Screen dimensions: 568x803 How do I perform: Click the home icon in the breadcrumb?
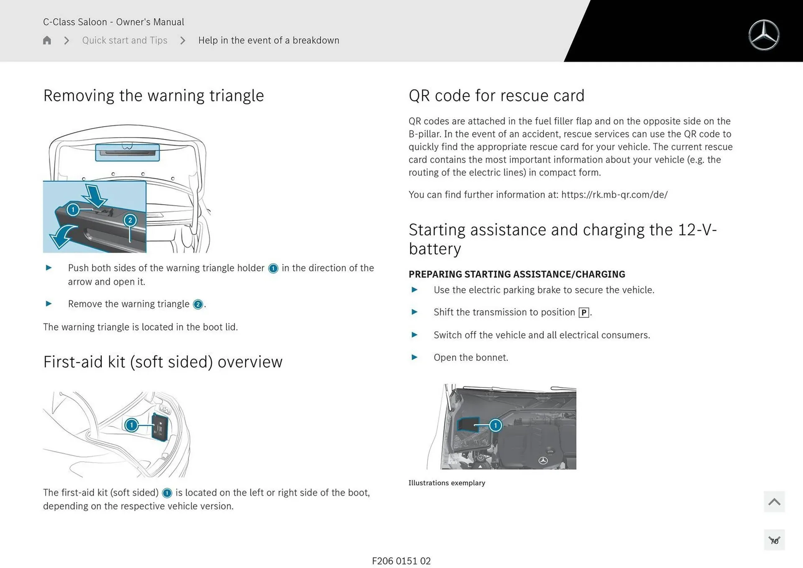coord(47,40)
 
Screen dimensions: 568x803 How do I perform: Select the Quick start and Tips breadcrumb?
coord(125,40)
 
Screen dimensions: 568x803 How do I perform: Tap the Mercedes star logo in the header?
coord(764,35)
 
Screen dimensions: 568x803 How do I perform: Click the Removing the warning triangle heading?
coord(153,96)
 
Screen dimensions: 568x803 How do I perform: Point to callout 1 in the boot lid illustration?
coord(73,210)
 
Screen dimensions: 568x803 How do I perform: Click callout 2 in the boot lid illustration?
coord(130,220)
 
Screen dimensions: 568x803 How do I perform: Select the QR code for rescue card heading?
coord(496,96)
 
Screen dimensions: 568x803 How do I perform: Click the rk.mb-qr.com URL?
coord(614,195)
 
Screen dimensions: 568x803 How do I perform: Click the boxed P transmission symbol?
coord(584,312)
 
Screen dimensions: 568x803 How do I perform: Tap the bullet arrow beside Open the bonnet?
coord(414,357)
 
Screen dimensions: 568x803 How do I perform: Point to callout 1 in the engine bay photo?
coord(496,425)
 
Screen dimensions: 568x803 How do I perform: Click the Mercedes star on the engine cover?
coord(543,461)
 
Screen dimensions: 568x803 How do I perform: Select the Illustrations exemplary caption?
coord(447,483)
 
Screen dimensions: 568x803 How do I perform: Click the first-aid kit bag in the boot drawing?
coord(160,427)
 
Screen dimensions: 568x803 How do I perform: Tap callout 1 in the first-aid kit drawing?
coord(131,425)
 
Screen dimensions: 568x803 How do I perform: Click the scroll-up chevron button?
coord(774,501)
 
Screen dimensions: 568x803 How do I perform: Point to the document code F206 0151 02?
coord(401,561)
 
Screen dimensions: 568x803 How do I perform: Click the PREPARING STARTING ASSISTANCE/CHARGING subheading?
coord(517,274)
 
